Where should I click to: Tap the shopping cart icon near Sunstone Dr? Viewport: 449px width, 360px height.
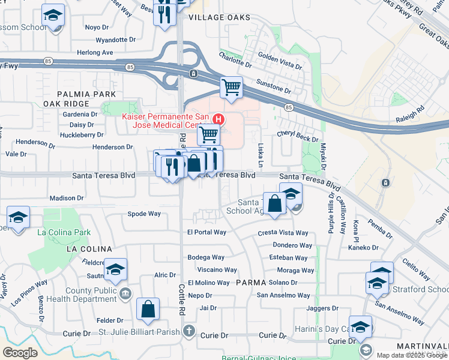point(231,88)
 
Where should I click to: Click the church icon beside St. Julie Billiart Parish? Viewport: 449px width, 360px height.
point(189,330)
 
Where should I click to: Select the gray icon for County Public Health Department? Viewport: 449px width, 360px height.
point(125,293)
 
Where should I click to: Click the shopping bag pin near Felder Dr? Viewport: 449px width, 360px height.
point(148,310)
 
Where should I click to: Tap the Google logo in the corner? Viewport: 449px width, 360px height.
point(20,353)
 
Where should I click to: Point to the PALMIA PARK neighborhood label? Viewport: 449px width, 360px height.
point(86,94)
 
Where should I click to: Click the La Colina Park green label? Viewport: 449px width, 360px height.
point(64,232)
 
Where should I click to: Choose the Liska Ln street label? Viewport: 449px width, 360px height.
point(261,155)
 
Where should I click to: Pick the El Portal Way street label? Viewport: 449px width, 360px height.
point(206,232)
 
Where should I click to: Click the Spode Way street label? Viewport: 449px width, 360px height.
point(144,214)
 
